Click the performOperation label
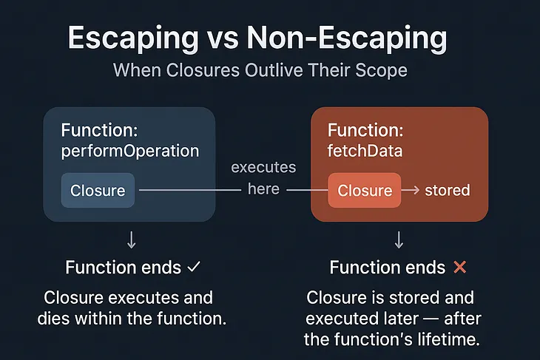tap(130, 151)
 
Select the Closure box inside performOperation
tap(98, 190)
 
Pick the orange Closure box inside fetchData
tap(364, 190)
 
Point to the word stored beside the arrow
tap(447, 190)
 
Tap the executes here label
tap(263, 178)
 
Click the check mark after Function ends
tap(195, 267)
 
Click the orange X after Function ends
tap(459, 267)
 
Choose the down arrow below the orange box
tap(399, 239)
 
